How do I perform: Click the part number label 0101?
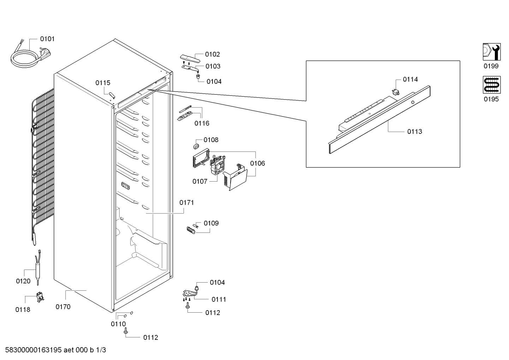point(47,39)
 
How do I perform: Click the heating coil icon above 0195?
point(492,84)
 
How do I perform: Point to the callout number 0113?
point(414,131)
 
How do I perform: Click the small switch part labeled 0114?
point(396,92)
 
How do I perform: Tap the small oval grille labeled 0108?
point(196,146)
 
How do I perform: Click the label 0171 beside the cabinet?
point(187,202)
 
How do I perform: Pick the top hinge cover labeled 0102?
point(190,58)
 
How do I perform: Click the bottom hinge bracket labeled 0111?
point(190,294)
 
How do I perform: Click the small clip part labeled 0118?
point(40,297)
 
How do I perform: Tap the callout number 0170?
point(63,307)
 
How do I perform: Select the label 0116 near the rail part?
point(202,123)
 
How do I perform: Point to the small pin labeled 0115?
point(112,95)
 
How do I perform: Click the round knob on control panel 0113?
point(413,102)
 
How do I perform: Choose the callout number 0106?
point(257,163)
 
